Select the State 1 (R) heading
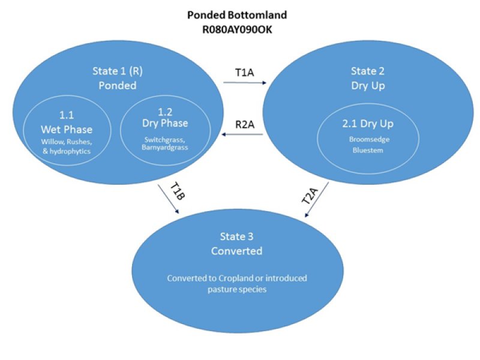pyautogui.click(x=118, y=71)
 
